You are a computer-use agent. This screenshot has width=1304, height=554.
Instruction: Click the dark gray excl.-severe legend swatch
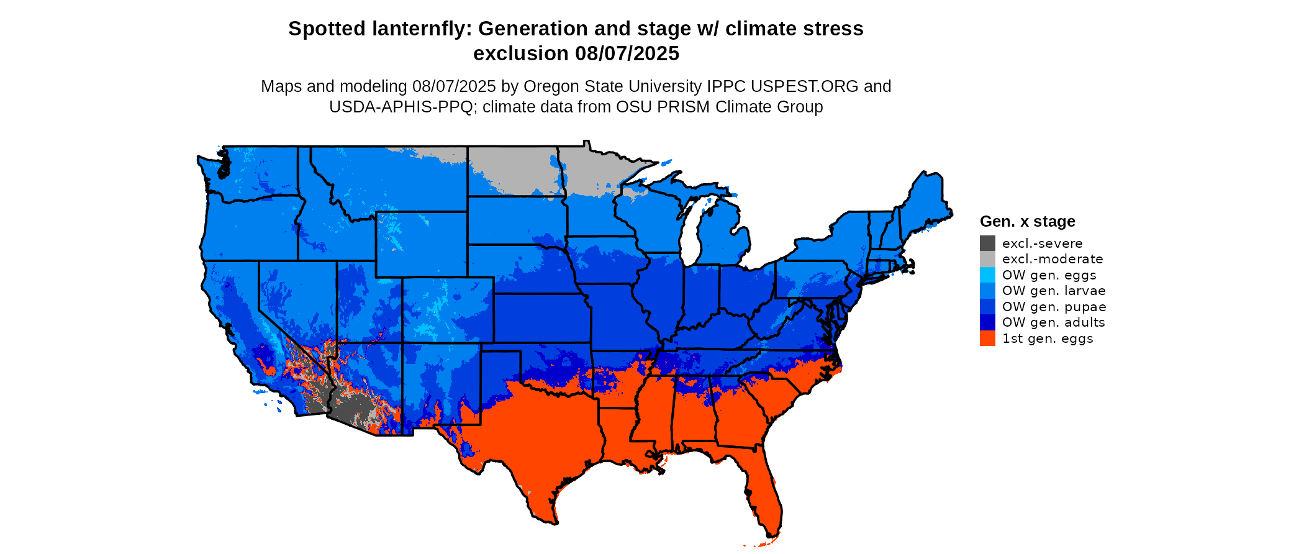point(987,243)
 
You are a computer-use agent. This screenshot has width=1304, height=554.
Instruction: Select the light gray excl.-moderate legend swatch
point(987,259)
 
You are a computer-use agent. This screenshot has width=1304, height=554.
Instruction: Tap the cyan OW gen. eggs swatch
point(987,275)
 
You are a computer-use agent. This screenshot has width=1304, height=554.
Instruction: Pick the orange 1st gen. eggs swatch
point(987,338)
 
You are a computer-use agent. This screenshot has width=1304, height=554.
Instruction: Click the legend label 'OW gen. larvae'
point(1054,291)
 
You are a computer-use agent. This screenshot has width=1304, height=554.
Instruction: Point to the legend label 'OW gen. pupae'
point(1054,307)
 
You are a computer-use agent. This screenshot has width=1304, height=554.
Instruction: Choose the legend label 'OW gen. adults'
point(1054,322)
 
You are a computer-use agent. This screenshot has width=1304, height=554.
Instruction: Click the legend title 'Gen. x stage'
point(1028,222)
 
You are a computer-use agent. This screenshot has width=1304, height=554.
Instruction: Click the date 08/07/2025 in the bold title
point(627,54)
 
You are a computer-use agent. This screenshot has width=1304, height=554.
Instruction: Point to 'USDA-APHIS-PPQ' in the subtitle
point(401,107)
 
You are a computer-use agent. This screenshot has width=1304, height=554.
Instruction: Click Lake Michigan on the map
point(690,233)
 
